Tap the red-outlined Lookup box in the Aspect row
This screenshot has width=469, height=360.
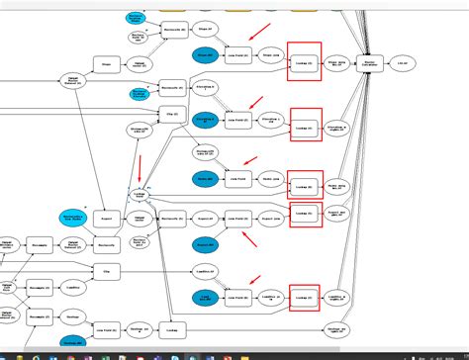click(x=307, y=213)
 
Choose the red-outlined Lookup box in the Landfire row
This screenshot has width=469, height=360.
click(x=307, y=297)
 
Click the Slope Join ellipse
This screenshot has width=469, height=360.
click(x=270, y=56)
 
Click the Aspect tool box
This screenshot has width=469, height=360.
click(x=107, y=217)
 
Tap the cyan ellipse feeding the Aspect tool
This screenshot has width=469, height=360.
click(x=71, y=216)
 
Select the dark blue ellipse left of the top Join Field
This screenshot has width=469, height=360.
click(x=206, y=56)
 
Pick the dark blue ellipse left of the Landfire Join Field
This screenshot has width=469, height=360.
click(x=206, y=297)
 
